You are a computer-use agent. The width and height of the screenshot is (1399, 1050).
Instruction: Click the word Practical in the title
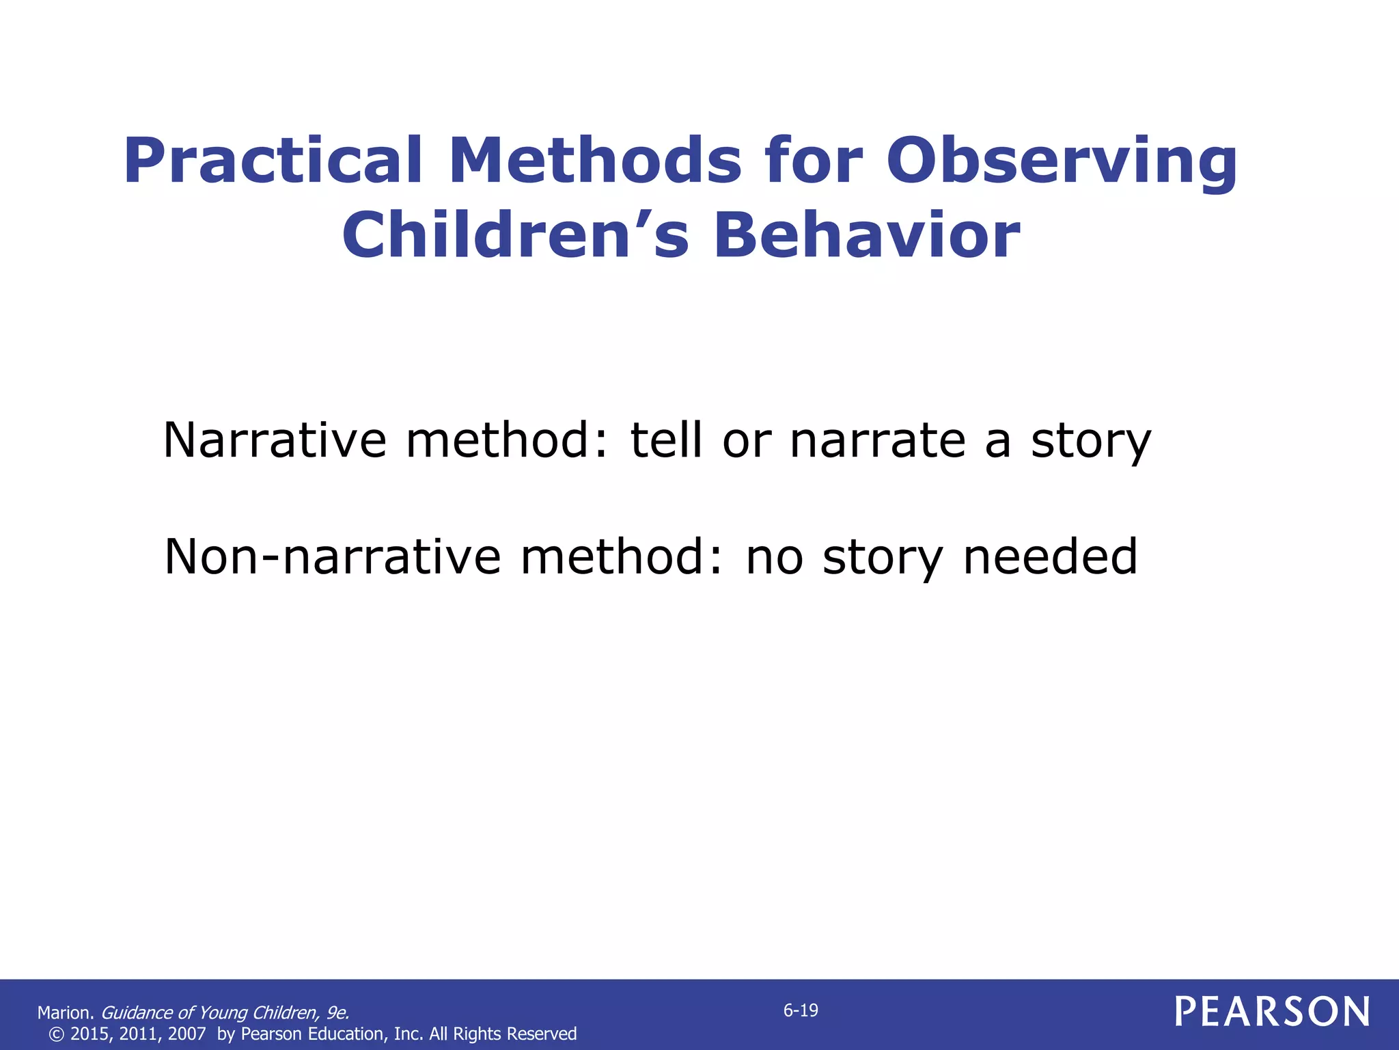(x=273, y=161)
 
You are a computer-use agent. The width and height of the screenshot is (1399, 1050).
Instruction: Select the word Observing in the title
(x=1062, y=161)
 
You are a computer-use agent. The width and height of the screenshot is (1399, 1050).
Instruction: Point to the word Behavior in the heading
(x=867, y=235)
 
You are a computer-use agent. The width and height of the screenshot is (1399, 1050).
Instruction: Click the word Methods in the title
(x=594, y=161)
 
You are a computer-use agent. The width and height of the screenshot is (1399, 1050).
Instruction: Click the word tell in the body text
(x=666, y=440)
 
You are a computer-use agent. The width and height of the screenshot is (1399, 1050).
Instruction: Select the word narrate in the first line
(x=878, y=440)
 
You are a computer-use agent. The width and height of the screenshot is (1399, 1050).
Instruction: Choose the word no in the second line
(x=774, y=558)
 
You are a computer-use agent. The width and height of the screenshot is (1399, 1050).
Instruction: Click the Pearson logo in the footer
(x=1272, y=1012)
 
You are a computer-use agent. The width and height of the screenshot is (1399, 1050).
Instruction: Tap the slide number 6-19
(x=800, y=1010)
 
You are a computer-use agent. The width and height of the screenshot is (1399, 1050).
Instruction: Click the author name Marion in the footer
(x=65, y=1013)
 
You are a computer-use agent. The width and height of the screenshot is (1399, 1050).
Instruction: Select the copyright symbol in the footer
(x=57, y=1034)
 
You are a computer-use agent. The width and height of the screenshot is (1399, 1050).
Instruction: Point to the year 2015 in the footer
(x=89, y=1034)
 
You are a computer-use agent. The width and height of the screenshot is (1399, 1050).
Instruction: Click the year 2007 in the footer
(x=186, y=1034)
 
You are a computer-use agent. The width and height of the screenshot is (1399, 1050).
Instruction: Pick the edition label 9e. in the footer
(x=337, y=1013)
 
